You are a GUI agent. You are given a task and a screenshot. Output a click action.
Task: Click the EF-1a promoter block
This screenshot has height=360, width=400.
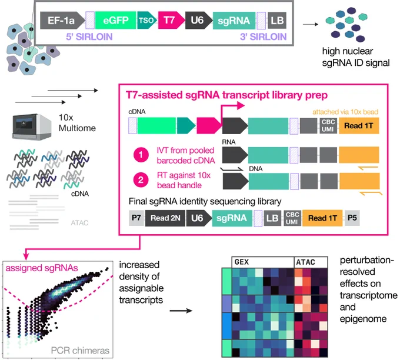62,20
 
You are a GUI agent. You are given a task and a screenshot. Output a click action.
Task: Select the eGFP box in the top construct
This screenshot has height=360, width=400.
115,20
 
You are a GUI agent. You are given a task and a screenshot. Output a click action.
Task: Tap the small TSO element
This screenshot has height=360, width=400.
146,20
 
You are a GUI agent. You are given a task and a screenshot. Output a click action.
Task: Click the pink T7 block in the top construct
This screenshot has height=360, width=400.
171,20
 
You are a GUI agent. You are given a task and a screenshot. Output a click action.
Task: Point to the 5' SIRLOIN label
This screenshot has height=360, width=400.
89,36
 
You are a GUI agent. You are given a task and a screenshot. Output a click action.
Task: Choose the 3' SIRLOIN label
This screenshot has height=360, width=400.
264,36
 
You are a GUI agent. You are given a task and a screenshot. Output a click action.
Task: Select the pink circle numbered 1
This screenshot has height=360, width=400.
141,155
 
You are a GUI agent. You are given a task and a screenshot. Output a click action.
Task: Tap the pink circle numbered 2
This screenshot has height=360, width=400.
141,180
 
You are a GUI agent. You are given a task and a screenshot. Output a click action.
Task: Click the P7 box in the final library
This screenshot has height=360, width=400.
136,218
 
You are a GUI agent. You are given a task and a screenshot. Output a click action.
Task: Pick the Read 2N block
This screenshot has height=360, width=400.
165,218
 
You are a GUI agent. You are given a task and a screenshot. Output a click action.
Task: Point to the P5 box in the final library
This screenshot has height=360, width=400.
352,218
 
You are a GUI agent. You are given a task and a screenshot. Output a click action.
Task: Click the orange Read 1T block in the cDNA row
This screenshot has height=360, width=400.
359,125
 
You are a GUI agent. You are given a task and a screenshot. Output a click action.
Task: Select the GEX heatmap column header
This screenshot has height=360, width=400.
263,262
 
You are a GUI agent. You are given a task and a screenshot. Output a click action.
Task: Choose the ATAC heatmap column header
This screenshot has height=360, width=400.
311,262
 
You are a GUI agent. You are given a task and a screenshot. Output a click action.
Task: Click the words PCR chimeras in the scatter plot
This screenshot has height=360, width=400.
80,351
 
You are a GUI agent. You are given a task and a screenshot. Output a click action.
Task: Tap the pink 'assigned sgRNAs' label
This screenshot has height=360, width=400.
42,268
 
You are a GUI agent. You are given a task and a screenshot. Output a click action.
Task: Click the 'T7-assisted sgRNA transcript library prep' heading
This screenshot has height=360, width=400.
227,95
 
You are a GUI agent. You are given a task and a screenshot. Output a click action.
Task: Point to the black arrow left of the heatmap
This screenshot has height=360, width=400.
181,311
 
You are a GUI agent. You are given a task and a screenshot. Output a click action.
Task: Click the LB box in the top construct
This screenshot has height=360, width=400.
277,20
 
